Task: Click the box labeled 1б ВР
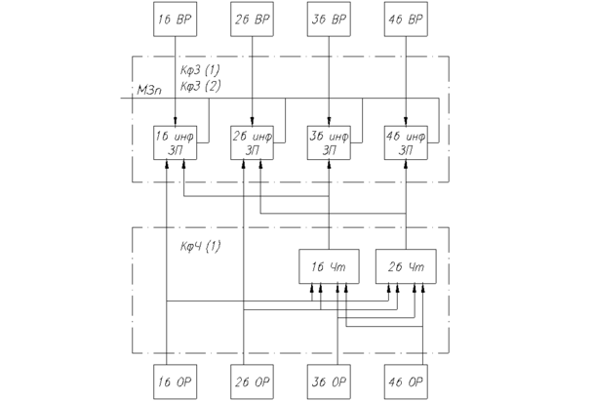tap(176, 19)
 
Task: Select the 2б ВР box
tap(253, 19)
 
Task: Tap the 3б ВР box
tap(329, 19)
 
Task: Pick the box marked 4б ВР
tap(405, 19)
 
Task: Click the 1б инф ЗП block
tap(176, 142)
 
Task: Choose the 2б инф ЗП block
tap(253, 142)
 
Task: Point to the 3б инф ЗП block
tap(329, 142)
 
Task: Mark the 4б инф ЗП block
tap(405, 142)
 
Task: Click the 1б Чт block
tap(329, 267)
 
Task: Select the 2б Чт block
tap(405, 267)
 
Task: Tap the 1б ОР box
tap(176, 380)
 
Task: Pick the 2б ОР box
tap(253, 380)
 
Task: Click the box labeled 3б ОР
tap(329, 380)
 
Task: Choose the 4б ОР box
tap(405, 380)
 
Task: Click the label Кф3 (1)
tap(201, 72)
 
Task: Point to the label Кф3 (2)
tap(201, 87)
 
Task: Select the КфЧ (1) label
tap(201, 246)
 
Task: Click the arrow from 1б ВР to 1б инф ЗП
tap(176, 78)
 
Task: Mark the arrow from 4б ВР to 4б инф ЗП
tap(405, 78)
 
